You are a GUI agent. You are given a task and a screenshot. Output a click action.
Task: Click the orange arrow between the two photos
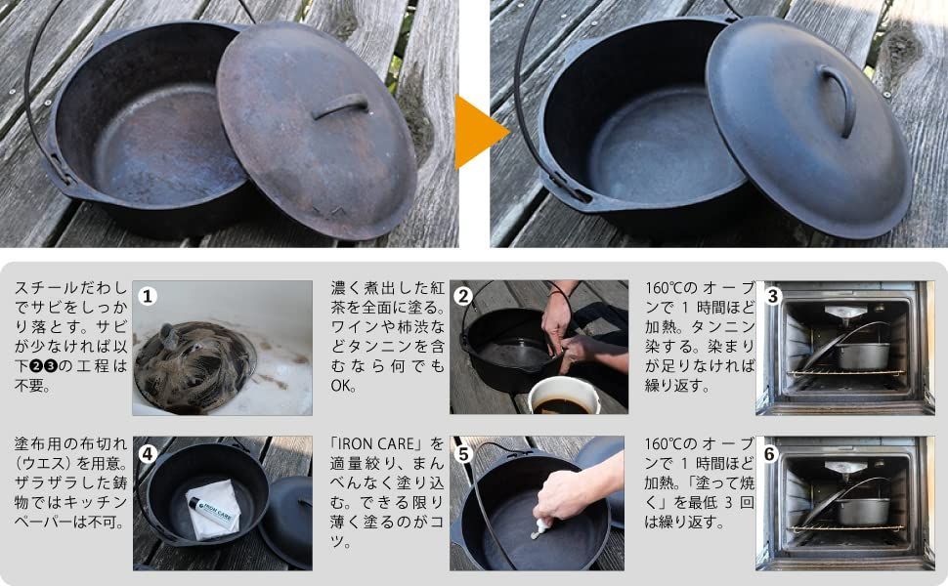(x=478, y=132)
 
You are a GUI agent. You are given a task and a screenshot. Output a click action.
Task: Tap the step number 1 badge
(x=148, y=296)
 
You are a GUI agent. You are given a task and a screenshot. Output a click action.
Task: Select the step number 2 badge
(x=463, y=296)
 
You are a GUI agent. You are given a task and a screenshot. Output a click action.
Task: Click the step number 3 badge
(x=773, y=296)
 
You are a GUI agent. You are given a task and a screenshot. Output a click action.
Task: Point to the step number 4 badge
(x=148, y=454)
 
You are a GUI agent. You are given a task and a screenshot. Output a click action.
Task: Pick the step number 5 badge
(x=463, y=454)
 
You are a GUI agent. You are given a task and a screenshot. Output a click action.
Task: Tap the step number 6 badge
(x=770, y=454)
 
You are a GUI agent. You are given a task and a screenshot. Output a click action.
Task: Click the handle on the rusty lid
(x=340, y=105)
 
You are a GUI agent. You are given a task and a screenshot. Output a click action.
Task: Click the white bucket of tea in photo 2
(x=564, y=397)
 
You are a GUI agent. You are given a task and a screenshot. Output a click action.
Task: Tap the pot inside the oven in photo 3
(x=863, y=356)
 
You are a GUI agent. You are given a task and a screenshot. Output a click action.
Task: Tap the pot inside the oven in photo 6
(x=863, y=511)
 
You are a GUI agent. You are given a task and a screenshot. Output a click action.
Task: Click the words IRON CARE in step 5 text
(x=380, y=444)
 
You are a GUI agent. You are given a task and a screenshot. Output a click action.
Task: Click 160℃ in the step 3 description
(x=664, y=287)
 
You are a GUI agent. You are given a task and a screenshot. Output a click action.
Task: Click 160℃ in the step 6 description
(x=664, y=444)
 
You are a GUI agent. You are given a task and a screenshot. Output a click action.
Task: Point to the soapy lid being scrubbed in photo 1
(x=194, y=366)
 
